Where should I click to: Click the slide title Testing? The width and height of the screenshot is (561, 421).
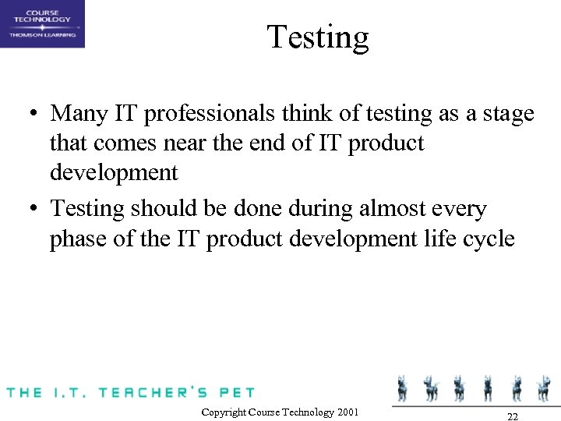317,37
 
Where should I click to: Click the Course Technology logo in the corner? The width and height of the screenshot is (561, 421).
42,23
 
